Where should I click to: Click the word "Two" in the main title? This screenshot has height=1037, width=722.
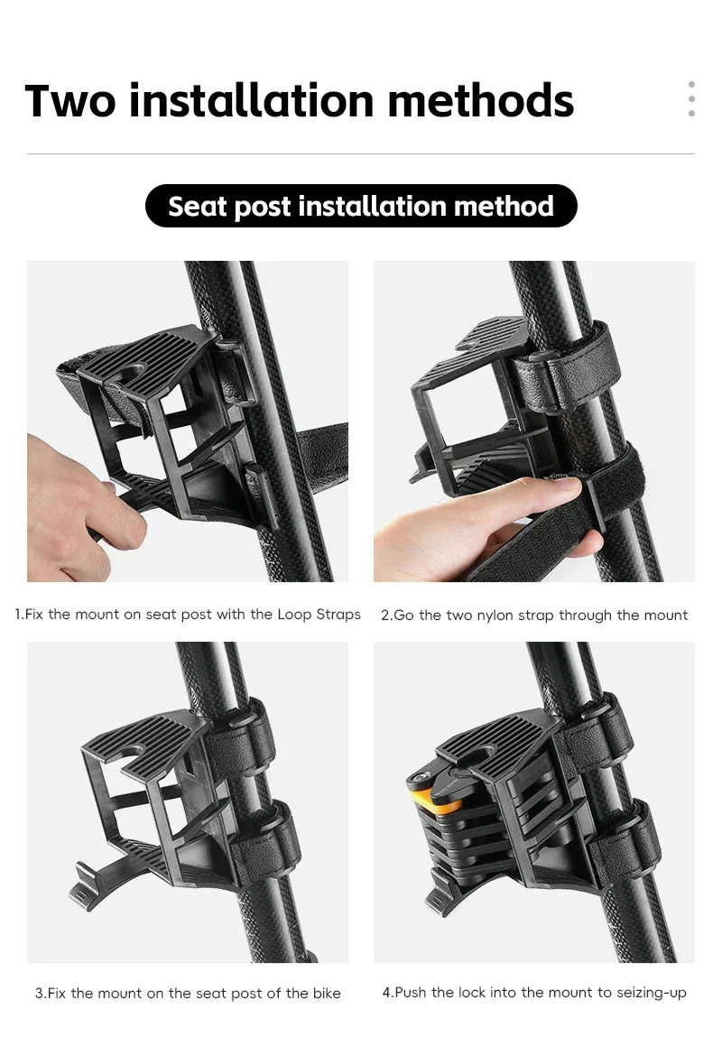[x=70, y=100]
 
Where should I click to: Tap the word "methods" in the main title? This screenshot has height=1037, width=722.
[x=481, y=100]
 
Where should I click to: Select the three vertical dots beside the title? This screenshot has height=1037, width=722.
[x=691, y=99]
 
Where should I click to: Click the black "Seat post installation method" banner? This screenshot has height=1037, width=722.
[x=361, y=206]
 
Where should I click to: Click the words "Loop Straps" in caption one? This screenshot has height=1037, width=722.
[x=319, y=615]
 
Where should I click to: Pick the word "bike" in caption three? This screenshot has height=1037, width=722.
[x=324, y=994]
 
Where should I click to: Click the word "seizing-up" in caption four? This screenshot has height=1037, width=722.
[x=652, y=994]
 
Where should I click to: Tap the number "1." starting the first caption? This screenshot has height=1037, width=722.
[x=19, y=615]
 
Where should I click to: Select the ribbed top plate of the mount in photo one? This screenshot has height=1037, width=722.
[x=149, y=364]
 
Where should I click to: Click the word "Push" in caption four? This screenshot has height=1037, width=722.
[x=411, y=993]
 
